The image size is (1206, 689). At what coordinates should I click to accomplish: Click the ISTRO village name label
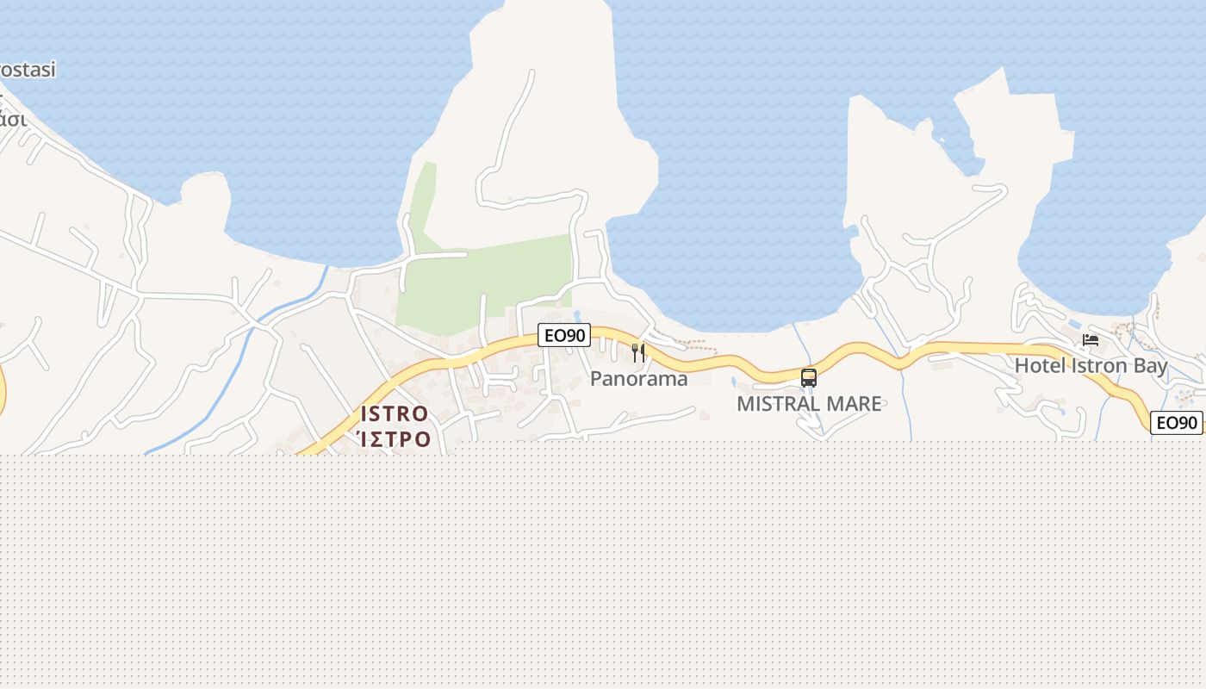tap(395, 413)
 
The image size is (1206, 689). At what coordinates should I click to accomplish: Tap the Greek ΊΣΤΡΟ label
tap(395, 438)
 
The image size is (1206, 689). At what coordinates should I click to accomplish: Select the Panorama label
tap(639, 379)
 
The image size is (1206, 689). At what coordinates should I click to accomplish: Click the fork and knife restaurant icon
tap(638, 352)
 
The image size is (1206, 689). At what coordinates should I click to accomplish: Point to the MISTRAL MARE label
tap(809, 403)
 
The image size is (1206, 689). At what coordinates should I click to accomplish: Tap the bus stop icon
tap(808, 377)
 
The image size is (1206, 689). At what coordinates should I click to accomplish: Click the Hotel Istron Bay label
tap(1091, 365)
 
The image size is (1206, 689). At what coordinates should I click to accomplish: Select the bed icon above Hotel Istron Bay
tap(1091, 339)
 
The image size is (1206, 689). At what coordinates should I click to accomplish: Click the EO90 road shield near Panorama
tap(564, 335)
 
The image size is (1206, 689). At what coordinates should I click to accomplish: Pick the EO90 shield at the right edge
tap(1177, 423)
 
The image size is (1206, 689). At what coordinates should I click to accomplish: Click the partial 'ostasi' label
tap(28, 70)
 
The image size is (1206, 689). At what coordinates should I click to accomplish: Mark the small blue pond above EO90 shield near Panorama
tap(576, 315)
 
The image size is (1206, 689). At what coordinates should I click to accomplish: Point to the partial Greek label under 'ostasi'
tap(12, 119)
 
